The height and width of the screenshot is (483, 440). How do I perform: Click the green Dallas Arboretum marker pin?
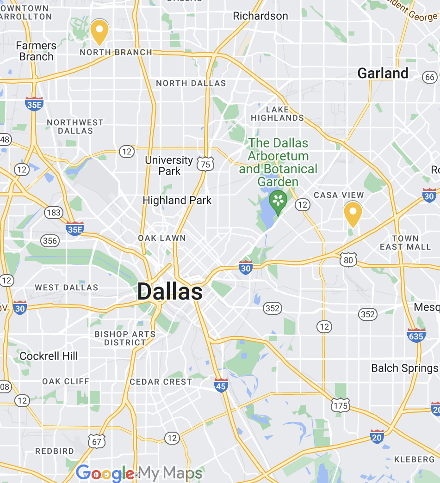pyautogui.click(x=278, y=201)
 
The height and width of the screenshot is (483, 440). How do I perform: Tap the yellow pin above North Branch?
pyautogui.click(x=99, y=31)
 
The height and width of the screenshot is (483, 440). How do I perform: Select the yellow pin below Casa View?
pyautogui.click(x=353, y=213)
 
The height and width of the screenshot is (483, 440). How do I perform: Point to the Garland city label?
pyautogui.click(x=383, y=73)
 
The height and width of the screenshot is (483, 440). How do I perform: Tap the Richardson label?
pyautogui.click(x=260, y=16)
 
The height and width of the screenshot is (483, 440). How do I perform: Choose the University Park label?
pyautogui.click(x=169, y=165)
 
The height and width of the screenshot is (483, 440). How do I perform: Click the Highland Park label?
pyautogui.click(x=177, y=200)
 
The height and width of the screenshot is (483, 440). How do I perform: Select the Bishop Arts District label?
pyautogui.click(x=125, y=338)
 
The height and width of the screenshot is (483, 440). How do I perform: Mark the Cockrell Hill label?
pyautogui.click(x=49, y=356)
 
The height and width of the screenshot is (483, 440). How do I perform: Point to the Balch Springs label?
pyautogui.click(x=405, y=368)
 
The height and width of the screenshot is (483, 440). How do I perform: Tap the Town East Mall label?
pyautogui.click(x=405, y=243)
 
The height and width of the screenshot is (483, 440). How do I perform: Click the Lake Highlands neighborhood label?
pyautogui.click(x=277, y=114)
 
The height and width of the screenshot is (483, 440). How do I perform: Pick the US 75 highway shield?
pyautogui.click(x=205, y=164)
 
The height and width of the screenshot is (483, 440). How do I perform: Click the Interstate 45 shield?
pyautogui.click(x=221, y=385)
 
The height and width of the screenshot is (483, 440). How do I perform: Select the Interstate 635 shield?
pyautogui.click(x=416, y=336)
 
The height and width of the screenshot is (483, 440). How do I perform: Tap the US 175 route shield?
pyautogui.click(x=340, y=405)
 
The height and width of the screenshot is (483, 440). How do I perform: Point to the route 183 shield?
pyautogui.click(x=54, y=213)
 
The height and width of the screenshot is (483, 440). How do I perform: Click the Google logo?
pyautogui.click(x=105, y=473)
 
